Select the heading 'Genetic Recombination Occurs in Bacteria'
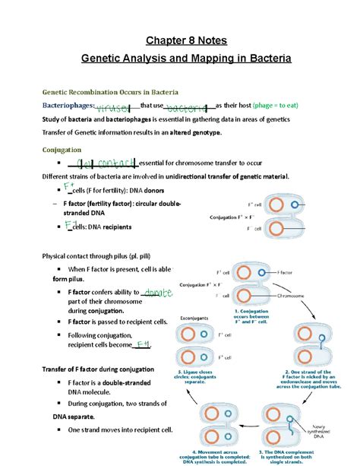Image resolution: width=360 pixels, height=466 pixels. (115, 91)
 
